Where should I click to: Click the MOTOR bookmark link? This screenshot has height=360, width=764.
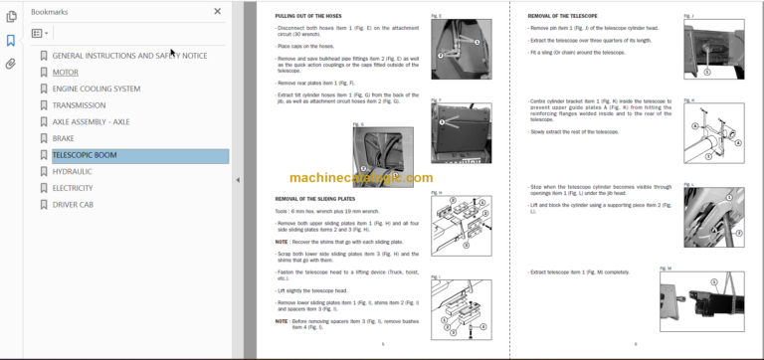tap(65, 73)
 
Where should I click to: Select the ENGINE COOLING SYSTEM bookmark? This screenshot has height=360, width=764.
tap(96, 89)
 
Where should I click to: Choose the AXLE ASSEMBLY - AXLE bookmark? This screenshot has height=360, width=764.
tap(91, 122)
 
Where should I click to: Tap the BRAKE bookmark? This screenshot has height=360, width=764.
tap(63, 139)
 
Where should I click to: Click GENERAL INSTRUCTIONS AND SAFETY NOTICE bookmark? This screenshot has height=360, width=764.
tap(129, 56)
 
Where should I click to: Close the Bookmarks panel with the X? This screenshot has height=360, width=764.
tap(218, 12)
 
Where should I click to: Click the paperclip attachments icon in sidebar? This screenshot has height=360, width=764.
tap(11, 64)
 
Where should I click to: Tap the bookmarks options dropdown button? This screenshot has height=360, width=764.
tap(40, 33)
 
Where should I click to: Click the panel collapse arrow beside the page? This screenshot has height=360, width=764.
tap(237, 180)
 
